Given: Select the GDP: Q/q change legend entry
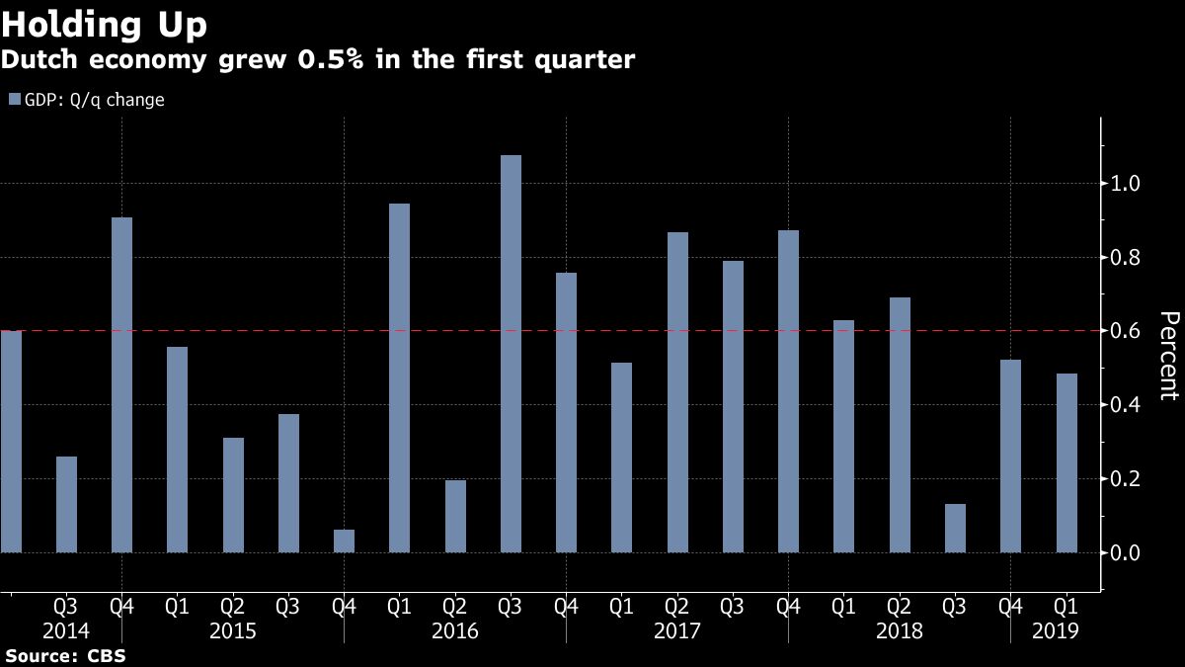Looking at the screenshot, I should click(x=86, y=100).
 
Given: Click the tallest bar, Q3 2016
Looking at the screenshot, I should click(x=511, y=354).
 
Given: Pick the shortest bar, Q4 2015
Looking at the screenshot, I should click(x=344, y=541).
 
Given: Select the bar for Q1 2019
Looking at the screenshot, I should click(x=1066, y=462).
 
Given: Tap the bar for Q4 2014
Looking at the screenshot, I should click(x=121, y=384).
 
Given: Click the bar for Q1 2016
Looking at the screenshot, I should click(x=399, y=377).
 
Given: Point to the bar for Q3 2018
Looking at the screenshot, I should click(x=955, y=528).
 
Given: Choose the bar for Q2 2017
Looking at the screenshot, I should click(x=677, y=392).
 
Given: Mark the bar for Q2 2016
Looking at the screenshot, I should click(x=455, y=516).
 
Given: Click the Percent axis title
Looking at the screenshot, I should click(x=1168, y=356).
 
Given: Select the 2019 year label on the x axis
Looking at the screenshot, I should click(x=1054, y=630).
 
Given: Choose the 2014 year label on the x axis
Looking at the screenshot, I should click(x=66, y=630).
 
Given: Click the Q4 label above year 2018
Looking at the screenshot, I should click(x=1011, y=606).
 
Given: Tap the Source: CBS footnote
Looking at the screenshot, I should click(x=65, y=655).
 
